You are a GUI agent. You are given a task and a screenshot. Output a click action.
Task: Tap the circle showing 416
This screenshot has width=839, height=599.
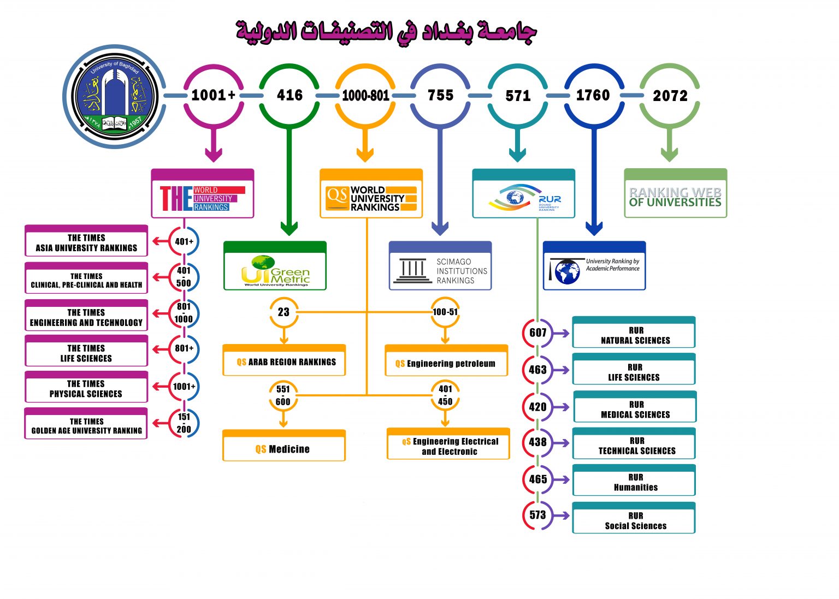tap(289, 96)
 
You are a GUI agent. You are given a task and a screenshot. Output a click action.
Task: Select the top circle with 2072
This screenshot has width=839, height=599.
tap(670, 96)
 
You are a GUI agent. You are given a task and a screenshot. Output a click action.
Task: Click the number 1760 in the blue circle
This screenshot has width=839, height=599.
tap(593, 96)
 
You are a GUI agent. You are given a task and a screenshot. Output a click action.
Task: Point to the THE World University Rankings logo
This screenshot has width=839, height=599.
tap(203, 198)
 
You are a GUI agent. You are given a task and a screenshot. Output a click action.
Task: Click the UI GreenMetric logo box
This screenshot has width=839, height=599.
tap(275, 270)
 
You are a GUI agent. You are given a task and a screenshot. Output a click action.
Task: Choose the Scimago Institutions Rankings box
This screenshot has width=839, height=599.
tap(440, 270)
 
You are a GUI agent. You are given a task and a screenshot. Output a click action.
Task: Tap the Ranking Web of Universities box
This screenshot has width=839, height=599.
tap(675, 197)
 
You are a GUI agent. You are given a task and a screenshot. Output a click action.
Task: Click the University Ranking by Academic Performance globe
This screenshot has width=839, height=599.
tap(567, 271)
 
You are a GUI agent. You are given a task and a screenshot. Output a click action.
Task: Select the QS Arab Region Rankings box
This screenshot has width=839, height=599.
tap(284, 362)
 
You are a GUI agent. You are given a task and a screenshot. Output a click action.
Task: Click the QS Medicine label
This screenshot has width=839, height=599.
tap(284, 449)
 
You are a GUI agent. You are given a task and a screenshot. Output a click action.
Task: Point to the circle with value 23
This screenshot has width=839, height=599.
tap(283, 312)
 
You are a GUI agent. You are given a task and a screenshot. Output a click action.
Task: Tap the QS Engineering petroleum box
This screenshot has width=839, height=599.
tap(446, 363)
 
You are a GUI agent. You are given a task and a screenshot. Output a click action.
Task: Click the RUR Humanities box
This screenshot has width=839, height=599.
tap(634, 482)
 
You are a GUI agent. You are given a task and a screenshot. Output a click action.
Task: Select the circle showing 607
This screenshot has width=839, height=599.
tap(538, 333)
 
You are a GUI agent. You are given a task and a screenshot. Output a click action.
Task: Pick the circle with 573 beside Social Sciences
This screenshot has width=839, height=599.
tap(538, 515)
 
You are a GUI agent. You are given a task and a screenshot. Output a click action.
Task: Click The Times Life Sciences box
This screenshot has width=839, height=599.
tap(86, 353)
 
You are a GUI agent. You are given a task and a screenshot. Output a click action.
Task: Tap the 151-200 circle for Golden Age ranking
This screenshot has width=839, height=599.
tap(184, 423)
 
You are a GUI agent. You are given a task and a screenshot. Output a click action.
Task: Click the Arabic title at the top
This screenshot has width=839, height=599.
tap(387, 32)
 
